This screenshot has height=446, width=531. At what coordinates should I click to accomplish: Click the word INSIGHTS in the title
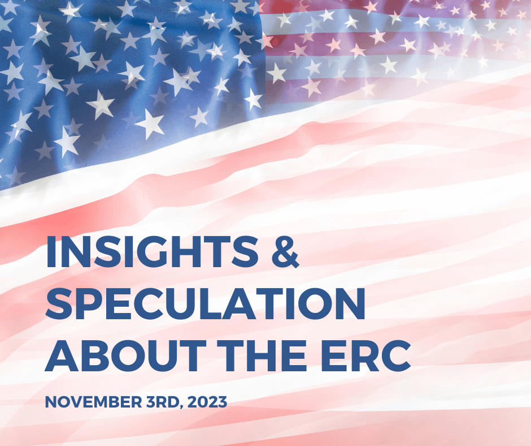(x=152, y=251)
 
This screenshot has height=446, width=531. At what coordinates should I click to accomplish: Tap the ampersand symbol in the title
(x=285, y=251)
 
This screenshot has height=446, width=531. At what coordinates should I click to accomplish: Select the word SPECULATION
(x=205, y=304)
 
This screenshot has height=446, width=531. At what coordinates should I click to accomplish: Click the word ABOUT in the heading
(x=125, y=355)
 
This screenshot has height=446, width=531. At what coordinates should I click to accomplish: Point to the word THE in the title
(x=262, y=355)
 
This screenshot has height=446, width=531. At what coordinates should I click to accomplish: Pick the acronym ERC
(x=365, y=355)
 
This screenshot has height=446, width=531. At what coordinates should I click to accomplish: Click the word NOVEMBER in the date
(x=93, y=402)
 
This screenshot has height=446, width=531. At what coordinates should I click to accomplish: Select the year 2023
(x=207, y=402)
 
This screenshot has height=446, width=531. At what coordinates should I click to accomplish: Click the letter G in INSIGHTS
(x=153, y=251)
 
